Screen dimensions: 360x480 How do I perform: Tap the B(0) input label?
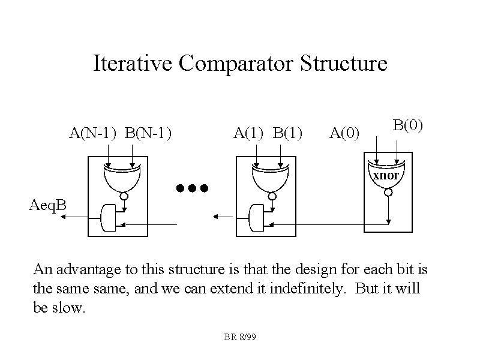(x=408, y=125)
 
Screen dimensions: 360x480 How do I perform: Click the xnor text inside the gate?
(x=386, y=176)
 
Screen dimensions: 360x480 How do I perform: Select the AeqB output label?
(x=48, y=206)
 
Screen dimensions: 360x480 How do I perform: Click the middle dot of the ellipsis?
(x=192, y=188)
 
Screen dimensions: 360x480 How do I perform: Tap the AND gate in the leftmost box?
(x=108, y=218)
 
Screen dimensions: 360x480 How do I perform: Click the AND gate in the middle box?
(x=256, y=218)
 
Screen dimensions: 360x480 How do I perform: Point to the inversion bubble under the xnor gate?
(x=388, y=193)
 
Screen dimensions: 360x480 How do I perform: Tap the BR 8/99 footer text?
(x=241, y=338)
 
